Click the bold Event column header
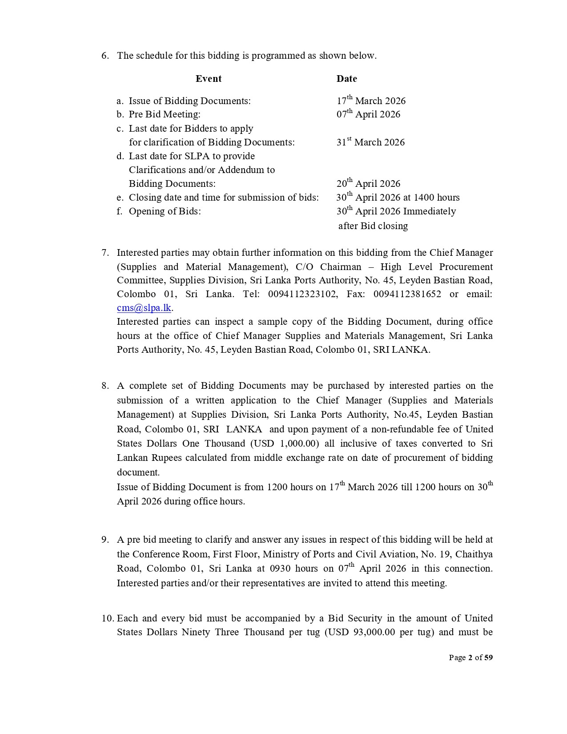point(208,79)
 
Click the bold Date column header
point(346,79)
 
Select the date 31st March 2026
point(370,142)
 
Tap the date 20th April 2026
point(368,184)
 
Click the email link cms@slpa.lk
point(144,308)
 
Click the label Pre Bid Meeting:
point(165,114)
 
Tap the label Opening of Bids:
point(165,211)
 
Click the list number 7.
point(105,253)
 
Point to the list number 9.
point(105,540)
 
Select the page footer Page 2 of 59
point(470,657)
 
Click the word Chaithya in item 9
point(474,554)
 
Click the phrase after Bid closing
point(373,226)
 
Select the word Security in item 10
point(365,618)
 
